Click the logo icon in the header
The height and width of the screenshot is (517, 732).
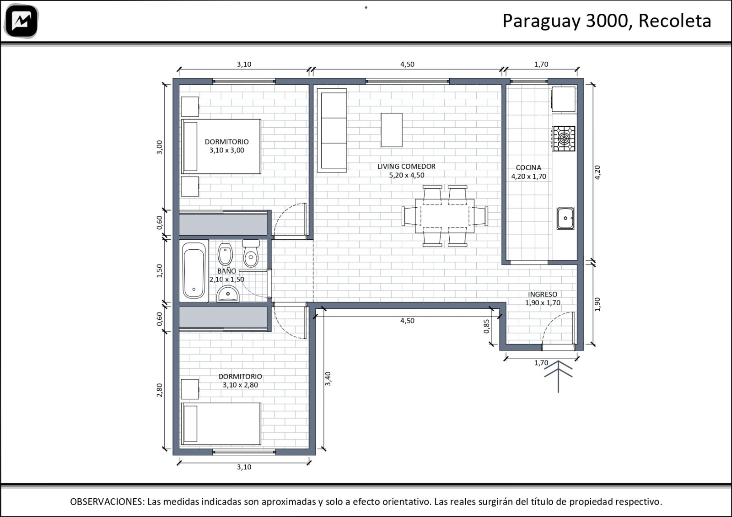[x=22, y=21]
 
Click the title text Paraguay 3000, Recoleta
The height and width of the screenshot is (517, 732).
[x=607, y=21]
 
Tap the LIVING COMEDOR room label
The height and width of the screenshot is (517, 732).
[x=406, y=167]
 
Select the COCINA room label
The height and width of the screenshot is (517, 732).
[x=528, y=167]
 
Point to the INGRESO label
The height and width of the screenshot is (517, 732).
[x=543, y=294]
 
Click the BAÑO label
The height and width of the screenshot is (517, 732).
[x=226, y=271]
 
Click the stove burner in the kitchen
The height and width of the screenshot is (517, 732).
[x=564, y=139]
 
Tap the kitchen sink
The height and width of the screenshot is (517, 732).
[x=565, y=218]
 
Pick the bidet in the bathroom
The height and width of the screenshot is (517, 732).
[x=225, y=254]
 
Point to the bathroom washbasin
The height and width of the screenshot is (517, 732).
[x=228, y=293]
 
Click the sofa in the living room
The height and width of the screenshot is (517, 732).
[x=332, y=130]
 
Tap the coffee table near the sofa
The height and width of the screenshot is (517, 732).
[x=392, y=130]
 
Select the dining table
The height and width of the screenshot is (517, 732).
[x=445, y=216]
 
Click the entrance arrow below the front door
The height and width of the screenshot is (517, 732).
[x=558, y=377]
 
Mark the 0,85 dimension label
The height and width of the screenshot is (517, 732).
[x=487, y=326]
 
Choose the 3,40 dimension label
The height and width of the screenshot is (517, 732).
[x=328, y=378]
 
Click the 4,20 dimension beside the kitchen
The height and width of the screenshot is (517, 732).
[x=597, y=172]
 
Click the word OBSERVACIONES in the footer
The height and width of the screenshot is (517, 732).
[x=107, y=501]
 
